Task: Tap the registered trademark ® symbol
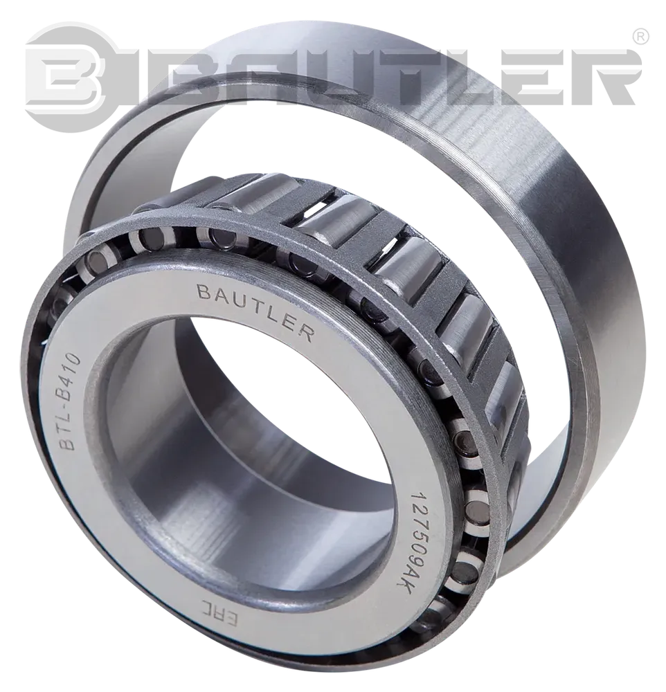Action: coord(640,33)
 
